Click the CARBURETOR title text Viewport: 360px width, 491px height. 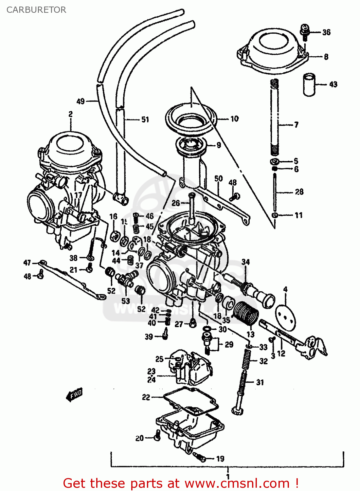point(36,10)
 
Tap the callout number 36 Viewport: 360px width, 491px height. point(326,32)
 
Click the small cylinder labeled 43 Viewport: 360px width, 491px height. point(309,85)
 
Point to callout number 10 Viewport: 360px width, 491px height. point(234,119)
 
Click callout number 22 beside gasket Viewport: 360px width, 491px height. point(146,397)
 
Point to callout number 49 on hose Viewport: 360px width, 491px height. point(81,101)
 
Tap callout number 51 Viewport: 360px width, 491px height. point(145,120)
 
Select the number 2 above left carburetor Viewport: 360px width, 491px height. point(70,114)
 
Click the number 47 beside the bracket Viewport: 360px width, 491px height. point(27,263)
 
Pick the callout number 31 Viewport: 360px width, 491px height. point(260,382)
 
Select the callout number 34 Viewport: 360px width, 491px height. point(245,262)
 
